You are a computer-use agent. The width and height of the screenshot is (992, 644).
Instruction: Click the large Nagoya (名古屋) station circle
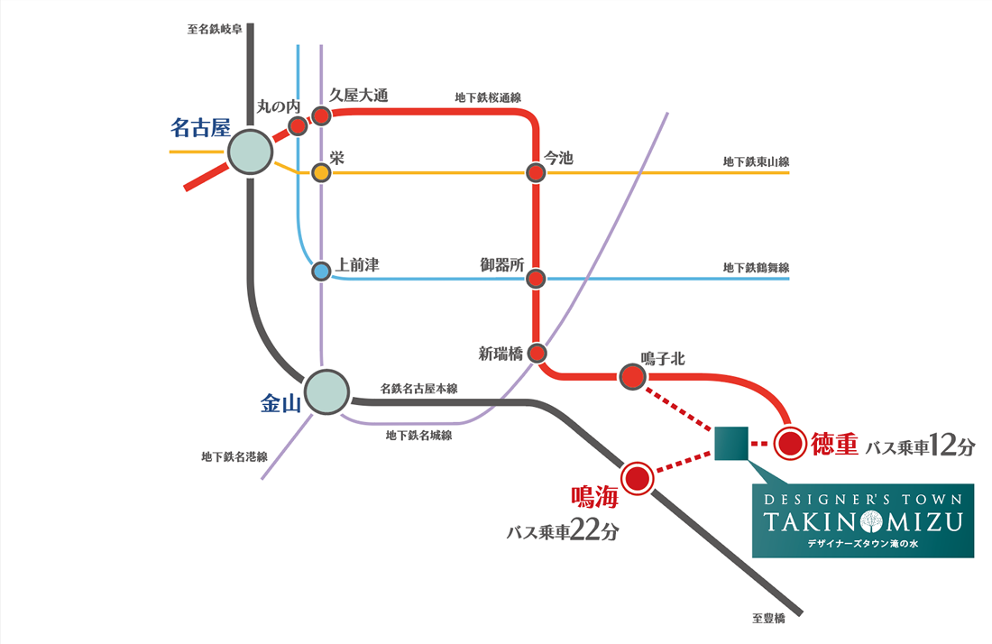[x=250, y=152]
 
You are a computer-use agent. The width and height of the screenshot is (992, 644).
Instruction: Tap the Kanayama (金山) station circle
[x=326, y=392]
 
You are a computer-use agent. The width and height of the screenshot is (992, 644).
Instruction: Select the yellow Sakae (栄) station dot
[x=321, y=172]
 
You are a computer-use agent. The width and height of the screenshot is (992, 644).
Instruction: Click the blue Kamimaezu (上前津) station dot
[x=321, y=271]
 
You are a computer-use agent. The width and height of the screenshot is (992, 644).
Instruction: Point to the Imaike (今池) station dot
[x=536, y=172]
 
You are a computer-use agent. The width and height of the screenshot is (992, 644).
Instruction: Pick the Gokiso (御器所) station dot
[x=536, y=279]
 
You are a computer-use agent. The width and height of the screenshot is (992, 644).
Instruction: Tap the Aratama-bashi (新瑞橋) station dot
[x=537, y=353]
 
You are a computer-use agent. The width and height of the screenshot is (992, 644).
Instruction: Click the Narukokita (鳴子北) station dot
[x=632, y=377]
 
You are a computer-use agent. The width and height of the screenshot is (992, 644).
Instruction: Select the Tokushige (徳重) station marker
[x=790, y=444]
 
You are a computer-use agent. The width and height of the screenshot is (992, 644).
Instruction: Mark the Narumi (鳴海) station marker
[x=637, y=478]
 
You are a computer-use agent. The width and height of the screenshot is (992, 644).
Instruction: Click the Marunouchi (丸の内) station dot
[x=298, y=126]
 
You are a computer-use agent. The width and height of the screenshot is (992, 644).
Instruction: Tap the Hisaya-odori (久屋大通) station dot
[x=321, y=116]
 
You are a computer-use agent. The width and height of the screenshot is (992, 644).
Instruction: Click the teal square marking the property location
[x=731, y=443]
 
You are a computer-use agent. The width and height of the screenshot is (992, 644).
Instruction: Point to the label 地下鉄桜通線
[x=488, y=97]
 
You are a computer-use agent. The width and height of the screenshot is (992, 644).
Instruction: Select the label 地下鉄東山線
[x=756, y=162]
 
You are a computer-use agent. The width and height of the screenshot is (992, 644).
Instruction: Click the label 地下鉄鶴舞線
[x=756, y=268]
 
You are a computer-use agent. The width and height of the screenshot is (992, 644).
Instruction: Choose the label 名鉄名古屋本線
[x=418, y=389]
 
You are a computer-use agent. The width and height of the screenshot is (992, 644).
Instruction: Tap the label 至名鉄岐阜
[x=215, y=29]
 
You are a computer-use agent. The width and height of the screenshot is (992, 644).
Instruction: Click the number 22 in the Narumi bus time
[x=584, y=530]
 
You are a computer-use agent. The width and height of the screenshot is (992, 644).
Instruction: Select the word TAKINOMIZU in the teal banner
[x=863, y=522]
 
